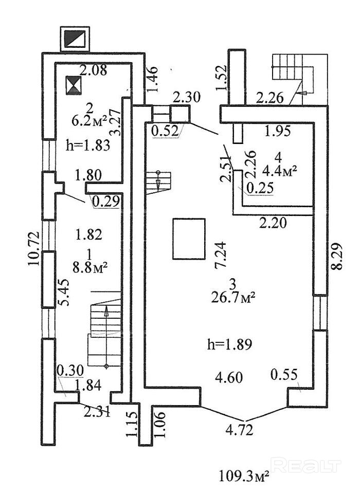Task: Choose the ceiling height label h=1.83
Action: tap(88, 145)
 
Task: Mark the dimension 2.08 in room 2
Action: tap(94, 71)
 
